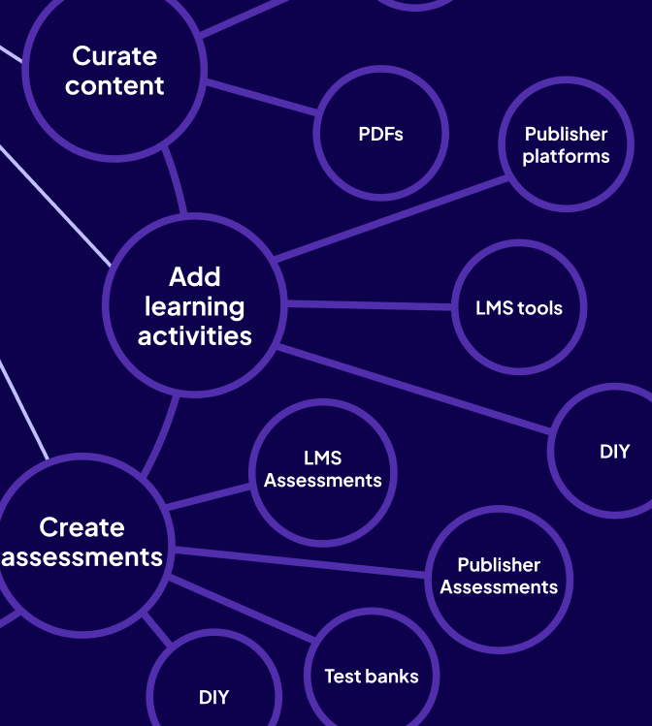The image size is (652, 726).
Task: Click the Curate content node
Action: [x=114, y=70]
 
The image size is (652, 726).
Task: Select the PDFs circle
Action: [x=380, y=134]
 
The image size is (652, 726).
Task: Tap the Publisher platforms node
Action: [x=566, y=144]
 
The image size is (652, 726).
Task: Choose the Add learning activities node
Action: [x=194, y=306]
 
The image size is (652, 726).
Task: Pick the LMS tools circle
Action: [x=519, y=308]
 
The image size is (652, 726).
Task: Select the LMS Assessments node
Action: [x=323, y=469]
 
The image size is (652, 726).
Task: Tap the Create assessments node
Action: [x=82, y=542]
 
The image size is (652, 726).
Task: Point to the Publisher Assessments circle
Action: [x=499, y=576]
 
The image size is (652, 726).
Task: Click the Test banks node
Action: [x=372, y=677]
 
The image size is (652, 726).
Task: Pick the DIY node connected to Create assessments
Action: [x=214, y=696]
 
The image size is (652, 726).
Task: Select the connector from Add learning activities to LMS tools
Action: [x=369, y=306]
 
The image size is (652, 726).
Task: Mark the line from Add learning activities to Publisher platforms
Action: [x=388, y=219]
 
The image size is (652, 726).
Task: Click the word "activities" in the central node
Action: [x=194, y=336]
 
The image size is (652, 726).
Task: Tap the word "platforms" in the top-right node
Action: [x=566, y=157]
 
